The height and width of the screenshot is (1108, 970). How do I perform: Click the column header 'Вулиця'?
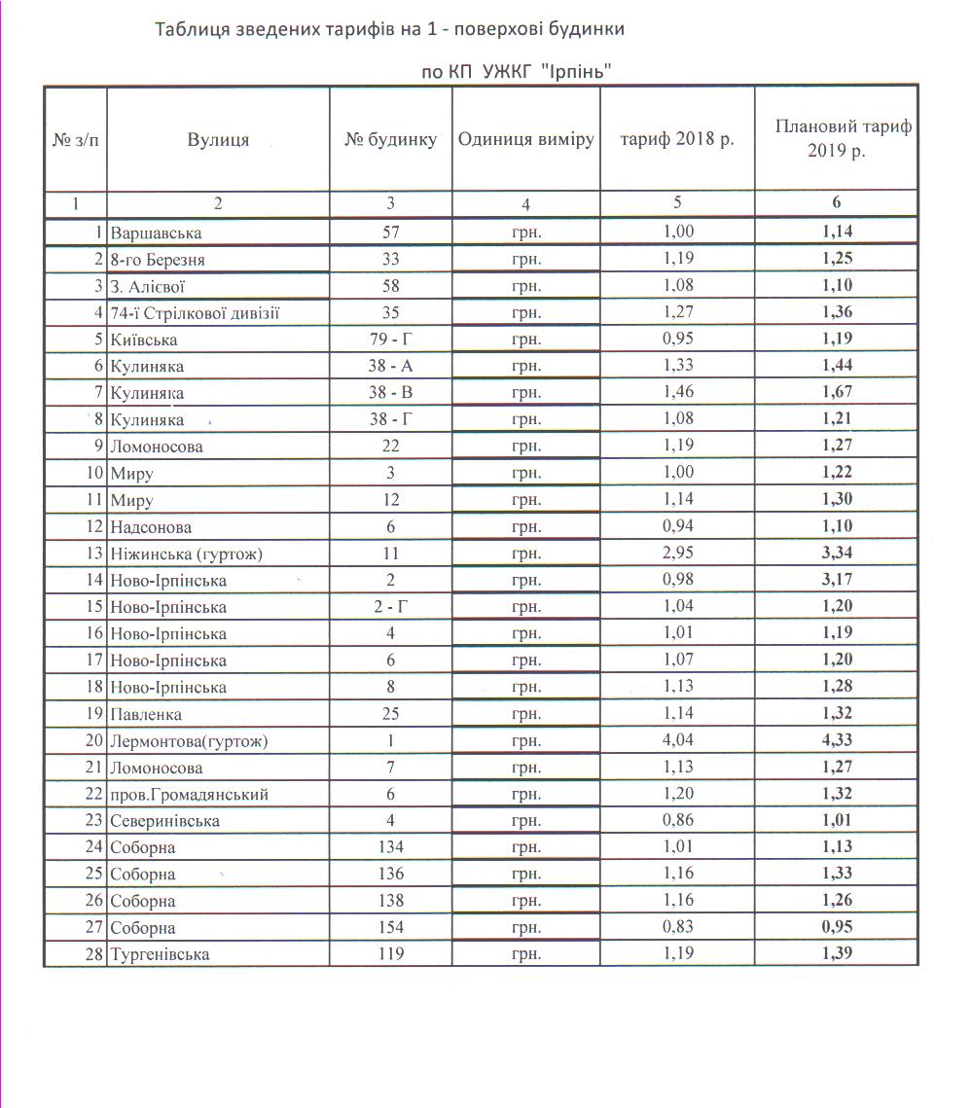pyautogui.click(x=218, y=140)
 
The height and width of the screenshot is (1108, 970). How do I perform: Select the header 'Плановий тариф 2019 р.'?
pyautogui.click(x=836, y=139)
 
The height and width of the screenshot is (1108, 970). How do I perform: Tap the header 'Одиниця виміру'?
pyautogui.click(x=525, y=139)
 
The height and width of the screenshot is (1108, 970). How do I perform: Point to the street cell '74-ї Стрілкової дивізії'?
pyautogui.click(x=201, y=313)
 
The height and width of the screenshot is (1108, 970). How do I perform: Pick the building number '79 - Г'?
pyautogui.click(x=390, y=340)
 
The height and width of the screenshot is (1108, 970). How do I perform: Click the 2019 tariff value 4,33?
pyautogui.click(x=837, y=741)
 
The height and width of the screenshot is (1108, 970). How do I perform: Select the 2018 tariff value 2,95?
pyautogui.click(x=677, y=554)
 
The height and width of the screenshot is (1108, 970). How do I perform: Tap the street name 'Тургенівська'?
pyautogui.click(x=160, y=954)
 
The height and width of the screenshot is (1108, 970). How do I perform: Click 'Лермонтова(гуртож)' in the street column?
pyautogui.click(x=190, y=741)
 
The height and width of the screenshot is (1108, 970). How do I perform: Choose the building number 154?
pyautogui.click(x=390, y=928)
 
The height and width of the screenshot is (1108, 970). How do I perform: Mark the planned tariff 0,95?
pyautogui.click(x=837, y=928)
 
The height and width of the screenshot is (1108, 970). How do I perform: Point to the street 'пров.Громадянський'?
pyautogui.click(x=189, y=795)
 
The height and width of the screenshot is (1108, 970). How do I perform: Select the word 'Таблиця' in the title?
pyautogui.click(x=192, y=29)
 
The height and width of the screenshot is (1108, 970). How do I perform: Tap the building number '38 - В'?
pyautogui.click(x=390, y=394)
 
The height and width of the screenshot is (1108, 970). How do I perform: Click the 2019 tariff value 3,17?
pyautogui.click(x=837, y=581)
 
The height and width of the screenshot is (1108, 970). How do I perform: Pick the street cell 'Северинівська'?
pyautogui.click(x=165, y=821)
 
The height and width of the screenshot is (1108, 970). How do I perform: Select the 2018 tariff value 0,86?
pyautogui.click(x=677, y=821)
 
